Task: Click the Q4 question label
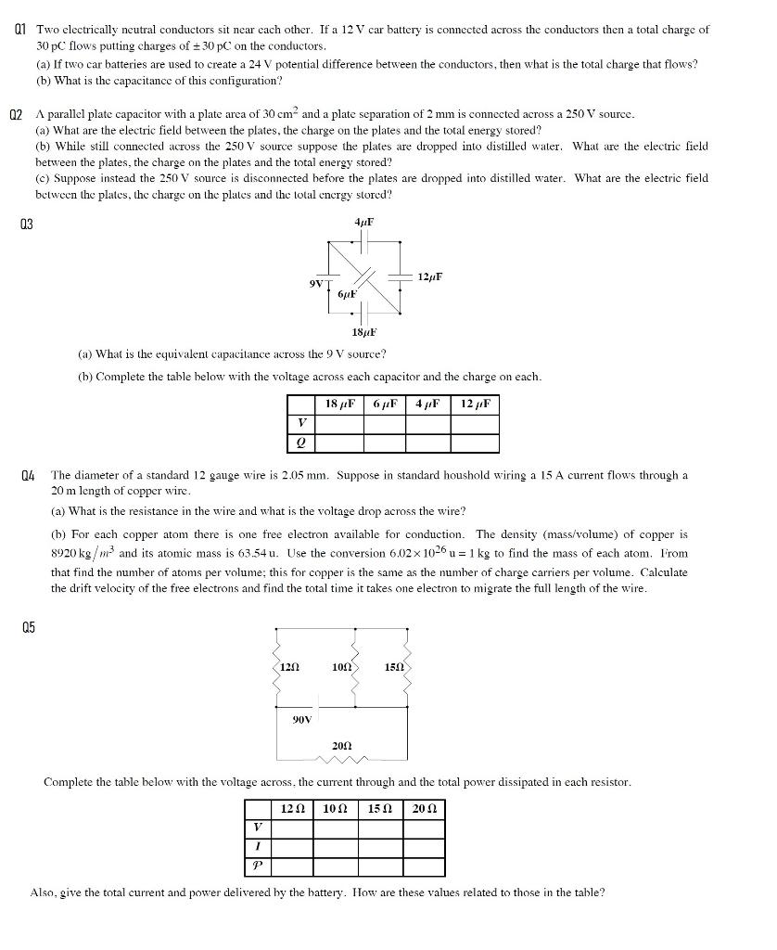click(28, 475)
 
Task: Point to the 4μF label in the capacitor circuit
click(363, 222)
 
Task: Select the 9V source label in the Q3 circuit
click(317, 283)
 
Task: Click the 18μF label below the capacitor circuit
click(363, 332)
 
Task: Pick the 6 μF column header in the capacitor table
click(386, 404)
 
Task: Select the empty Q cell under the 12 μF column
click(475, 443)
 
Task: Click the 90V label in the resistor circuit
click(302, 718)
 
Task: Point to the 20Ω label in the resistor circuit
click(341, 746)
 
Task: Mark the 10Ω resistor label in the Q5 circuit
click(340, 667)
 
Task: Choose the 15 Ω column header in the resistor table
click(381, 808)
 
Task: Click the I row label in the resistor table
click(257, 847)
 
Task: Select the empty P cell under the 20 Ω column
click(424, 867)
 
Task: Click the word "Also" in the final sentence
click(44, 892)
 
